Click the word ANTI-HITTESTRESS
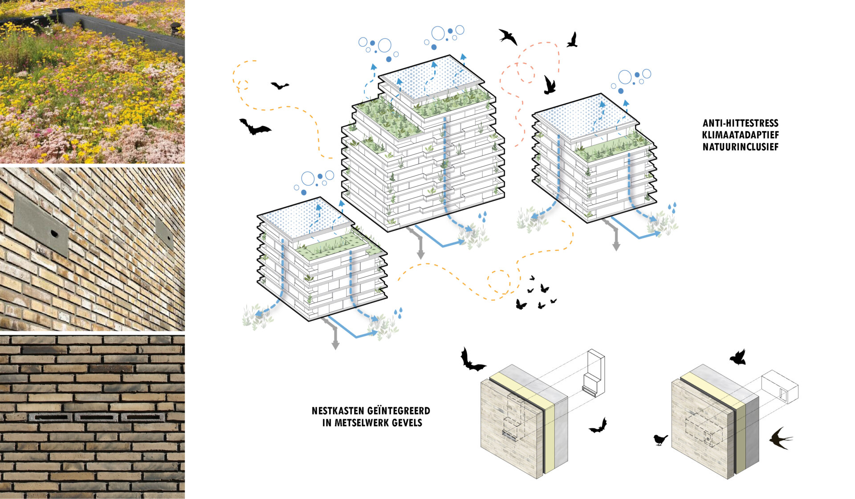point(740,123)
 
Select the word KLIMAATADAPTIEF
point(740,135)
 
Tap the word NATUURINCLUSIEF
point(740,147)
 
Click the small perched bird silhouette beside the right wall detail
point(660,440)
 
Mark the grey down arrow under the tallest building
point(420,252)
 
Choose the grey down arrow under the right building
point(616,244)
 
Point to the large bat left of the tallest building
point(254,127)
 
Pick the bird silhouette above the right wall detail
point(738,357)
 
